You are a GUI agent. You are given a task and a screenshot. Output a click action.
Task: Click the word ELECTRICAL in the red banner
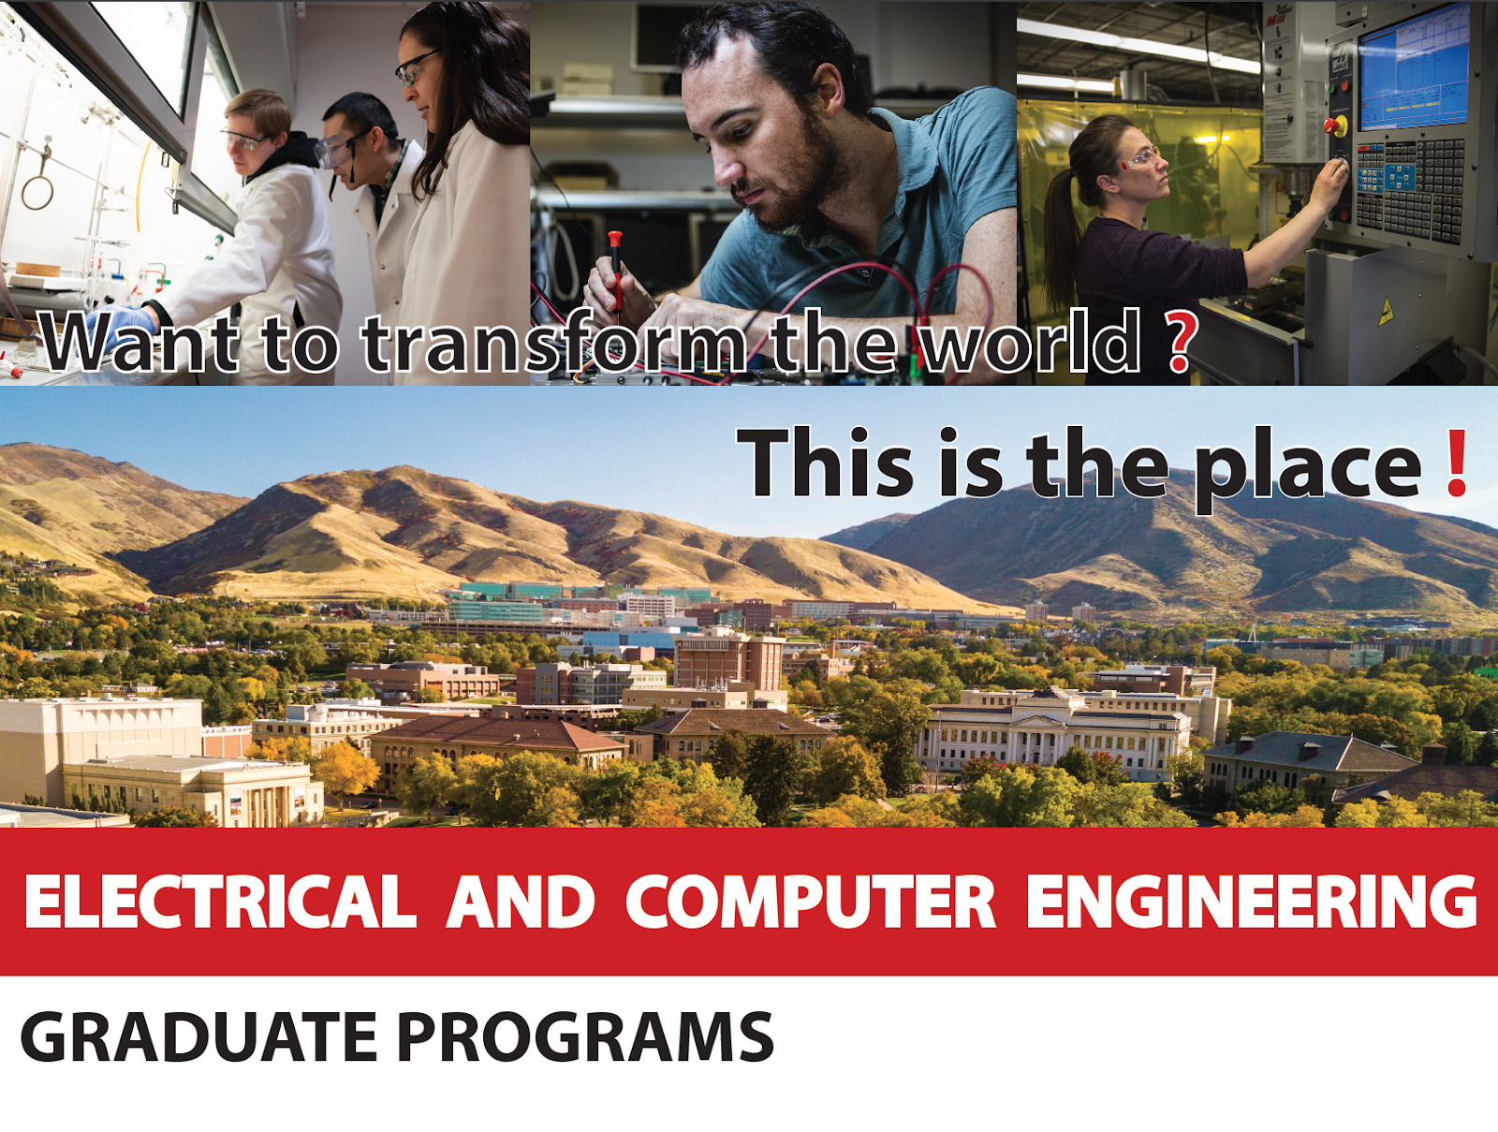pos(220,902)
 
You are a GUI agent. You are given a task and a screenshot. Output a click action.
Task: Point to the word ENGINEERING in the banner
pos(1250,902)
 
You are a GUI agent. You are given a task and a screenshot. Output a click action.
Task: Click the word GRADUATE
pos(198,1036)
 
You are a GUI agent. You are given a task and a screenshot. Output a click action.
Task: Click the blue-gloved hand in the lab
pos(117,321)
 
